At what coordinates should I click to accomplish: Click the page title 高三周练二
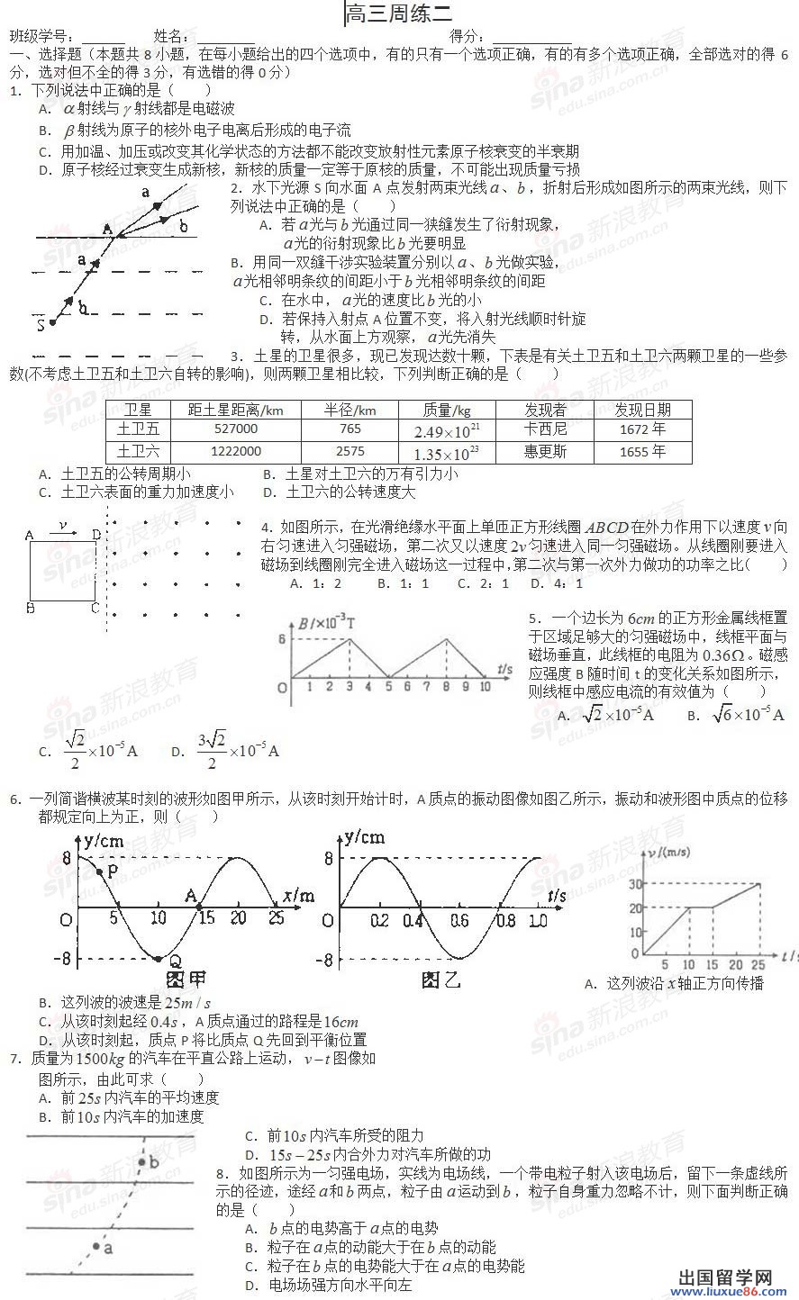[x=399, y=14]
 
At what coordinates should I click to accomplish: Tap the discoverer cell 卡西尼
[x=545, y=429]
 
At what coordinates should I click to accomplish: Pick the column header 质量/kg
[x=447, y=410]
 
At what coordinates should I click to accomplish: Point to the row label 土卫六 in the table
[x=138, y=451]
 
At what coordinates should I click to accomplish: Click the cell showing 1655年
[x=642, y=451]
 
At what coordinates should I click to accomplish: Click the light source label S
[x=40, y=324]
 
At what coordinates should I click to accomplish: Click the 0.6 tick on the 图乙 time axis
[x=459, y=920]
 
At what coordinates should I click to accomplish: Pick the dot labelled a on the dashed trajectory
[x=96, y=1246]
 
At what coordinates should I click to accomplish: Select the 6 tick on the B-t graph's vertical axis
[x=282, y=639]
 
